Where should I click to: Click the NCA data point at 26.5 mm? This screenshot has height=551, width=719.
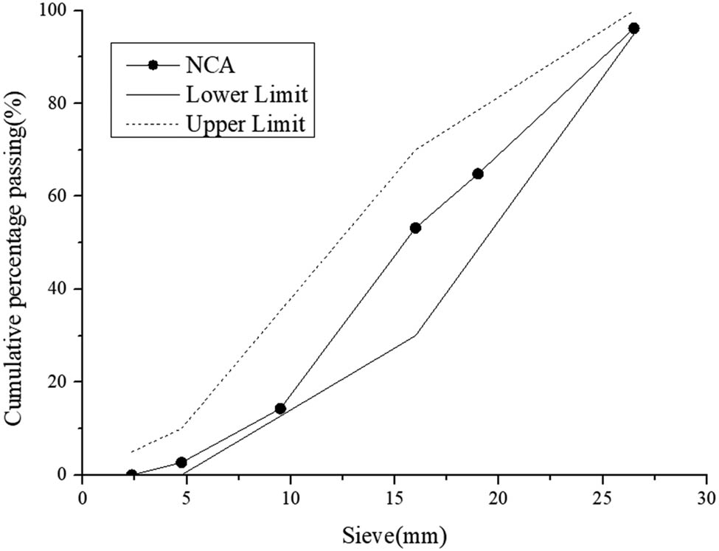[x=633, y=28]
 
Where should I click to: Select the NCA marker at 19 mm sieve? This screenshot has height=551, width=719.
[x=477, y=174]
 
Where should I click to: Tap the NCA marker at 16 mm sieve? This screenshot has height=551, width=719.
[x=415, y=228]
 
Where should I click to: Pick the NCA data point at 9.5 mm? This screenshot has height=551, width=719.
[x=280, y=409]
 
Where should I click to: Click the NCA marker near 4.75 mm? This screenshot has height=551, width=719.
[x=181, y=462]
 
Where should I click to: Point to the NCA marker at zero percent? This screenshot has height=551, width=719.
[x=132, y=474]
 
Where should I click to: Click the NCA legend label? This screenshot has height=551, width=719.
[x=209, y=65]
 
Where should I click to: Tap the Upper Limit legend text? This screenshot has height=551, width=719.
[x=246, y=125]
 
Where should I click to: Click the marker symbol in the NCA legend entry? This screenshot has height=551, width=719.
[x=153, y=65]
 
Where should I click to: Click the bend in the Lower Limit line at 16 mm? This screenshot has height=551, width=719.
[x=415, y=335]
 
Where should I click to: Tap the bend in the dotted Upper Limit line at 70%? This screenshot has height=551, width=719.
[x=415, y=150]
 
